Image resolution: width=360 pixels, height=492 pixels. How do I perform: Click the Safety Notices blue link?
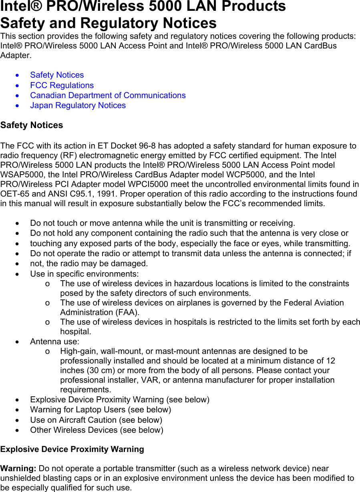coord(57,75)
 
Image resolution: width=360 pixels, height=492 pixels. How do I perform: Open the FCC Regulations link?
coord(62,85)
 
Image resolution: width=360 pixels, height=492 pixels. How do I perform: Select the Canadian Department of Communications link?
coord(108,95)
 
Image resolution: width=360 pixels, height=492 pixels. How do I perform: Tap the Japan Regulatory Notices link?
coord(78,105)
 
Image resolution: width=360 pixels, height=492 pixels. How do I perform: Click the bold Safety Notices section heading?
coord(32,125)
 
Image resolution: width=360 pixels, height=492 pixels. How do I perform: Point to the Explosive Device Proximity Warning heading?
coord(72,449)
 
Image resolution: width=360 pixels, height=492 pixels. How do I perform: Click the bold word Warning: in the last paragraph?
coord(18,468)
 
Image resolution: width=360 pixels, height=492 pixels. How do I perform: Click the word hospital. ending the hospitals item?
coord(75,331)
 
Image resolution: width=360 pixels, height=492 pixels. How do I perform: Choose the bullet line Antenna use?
coord(54,341)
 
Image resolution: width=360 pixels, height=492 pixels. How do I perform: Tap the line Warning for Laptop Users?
coord(101,410)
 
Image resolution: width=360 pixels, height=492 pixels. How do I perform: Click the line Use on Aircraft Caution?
coord(96,420)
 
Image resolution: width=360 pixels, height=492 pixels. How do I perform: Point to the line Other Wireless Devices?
coord(97,430)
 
